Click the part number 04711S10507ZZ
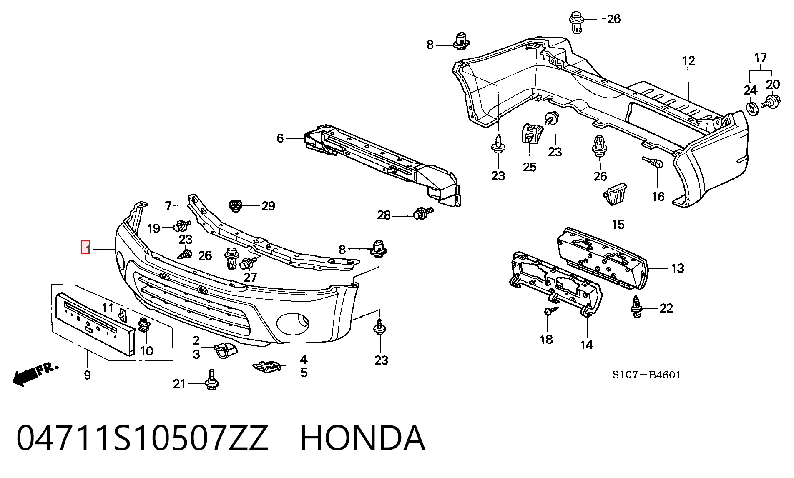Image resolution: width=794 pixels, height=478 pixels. click(x=142, y=438)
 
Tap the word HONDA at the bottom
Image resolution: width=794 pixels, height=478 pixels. click(x=362, y=438)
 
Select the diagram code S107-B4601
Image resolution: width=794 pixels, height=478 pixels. click(x=646, y=375)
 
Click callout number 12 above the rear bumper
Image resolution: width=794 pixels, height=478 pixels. click(x=689, y=61)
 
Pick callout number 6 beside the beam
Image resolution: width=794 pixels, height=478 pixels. click(x=280, y=138)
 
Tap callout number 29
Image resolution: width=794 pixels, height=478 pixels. click(x=268, y=206)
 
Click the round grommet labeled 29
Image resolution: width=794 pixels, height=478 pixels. click(x=236, y=205)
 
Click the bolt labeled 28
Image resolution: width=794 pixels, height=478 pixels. click(x=422, y=214)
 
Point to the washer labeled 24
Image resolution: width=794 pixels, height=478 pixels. click(x=751, y=108)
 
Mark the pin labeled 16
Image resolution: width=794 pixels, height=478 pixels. click(x=652, y=162)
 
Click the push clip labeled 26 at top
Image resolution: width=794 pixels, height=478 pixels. click(x=576, y=23)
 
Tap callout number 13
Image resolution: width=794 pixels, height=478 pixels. click(x=678, y=268)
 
